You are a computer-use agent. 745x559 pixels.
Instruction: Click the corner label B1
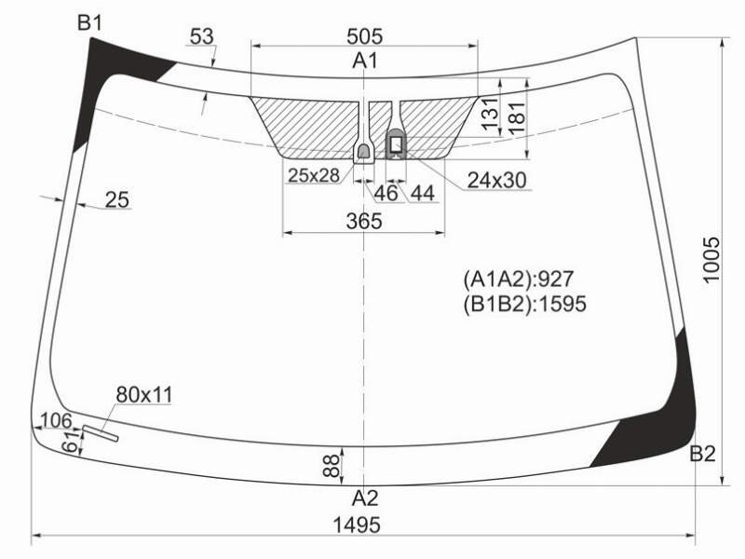point(89,22)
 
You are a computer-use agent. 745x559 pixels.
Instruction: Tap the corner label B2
point(702,454)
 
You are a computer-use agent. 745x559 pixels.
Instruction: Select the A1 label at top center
point(365,61)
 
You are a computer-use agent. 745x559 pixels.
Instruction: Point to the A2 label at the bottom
point(365,498)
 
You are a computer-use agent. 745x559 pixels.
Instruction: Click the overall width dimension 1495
point(357,525)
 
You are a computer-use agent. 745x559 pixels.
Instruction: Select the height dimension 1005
point(711,260)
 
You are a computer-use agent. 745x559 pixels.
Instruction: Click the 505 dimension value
point(364,36)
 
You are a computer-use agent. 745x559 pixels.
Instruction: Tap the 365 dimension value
point(364,221)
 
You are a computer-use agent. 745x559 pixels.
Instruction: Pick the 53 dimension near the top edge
point(202,36)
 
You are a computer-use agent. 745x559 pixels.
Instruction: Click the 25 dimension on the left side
point(117,199)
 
